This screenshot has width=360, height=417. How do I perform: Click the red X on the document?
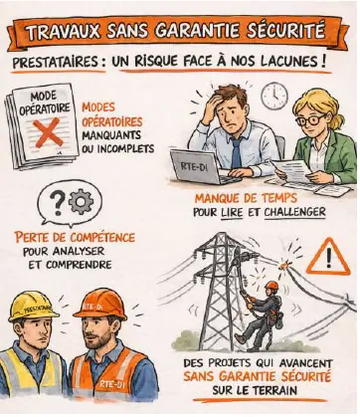(48, 132)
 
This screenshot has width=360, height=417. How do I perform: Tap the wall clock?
(274, 97)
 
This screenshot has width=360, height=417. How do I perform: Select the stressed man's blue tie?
(237, 153)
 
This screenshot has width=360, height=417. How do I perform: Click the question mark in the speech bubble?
(58, 202)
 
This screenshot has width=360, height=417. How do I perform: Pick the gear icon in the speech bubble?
(82, 202)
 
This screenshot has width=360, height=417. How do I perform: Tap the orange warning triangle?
(328, 257)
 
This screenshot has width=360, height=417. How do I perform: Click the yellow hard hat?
(33, 307)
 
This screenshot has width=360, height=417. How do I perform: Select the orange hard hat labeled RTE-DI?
(100, 305)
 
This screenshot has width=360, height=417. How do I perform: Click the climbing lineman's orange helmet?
(271, 285)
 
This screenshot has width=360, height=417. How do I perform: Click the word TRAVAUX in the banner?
(63, 32)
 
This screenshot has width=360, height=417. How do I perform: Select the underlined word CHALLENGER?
(295, 212)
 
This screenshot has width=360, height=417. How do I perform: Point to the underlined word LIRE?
(232, 212)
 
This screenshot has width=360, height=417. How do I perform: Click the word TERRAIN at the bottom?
(273, 390)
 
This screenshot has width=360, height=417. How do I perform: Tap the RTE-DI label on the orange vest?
(112, 385)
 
